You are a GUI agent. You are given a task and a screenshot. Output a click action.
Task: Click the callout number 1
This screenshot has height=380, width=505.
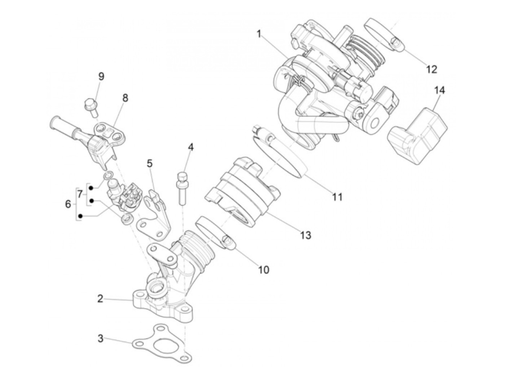(x=259, y=34)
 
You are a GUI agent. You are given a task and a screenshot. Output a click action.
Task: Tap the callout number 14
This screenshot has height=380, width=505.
(x=439, y=90)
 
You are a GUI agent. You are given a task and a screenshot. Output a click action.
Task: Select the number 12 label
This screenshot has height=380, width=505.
(x=431, y=69)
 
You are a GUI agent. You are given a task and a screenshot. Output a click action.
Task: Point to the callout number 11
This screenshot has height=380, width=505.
(x=337, y=197)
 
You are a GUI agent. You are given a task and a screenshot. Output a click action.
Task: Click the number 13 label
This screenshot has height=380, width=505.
(x=305, y=235)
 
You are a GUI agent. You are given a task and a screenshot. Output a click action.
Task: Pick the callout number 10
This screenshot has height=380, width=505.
(x=264, y=269)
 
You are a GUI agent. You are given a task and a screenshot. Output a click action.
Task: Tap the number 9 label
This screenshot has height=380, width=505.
(x=101, y=77)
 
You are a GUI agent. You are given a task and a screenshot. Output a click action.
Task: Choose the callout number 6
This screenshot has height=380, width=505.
(x=68, y=204)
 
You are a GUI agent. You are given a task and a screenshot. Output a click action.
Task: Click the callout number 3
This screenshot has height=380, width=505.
(x=101, y=338)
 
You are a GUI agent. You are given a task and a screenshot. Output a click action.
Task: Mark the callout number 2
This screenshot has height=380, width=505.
(x=100, y=299)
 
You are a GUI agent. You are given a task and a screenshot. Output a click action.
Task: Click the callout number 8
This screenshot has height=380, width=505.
(x=125, y=98)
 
